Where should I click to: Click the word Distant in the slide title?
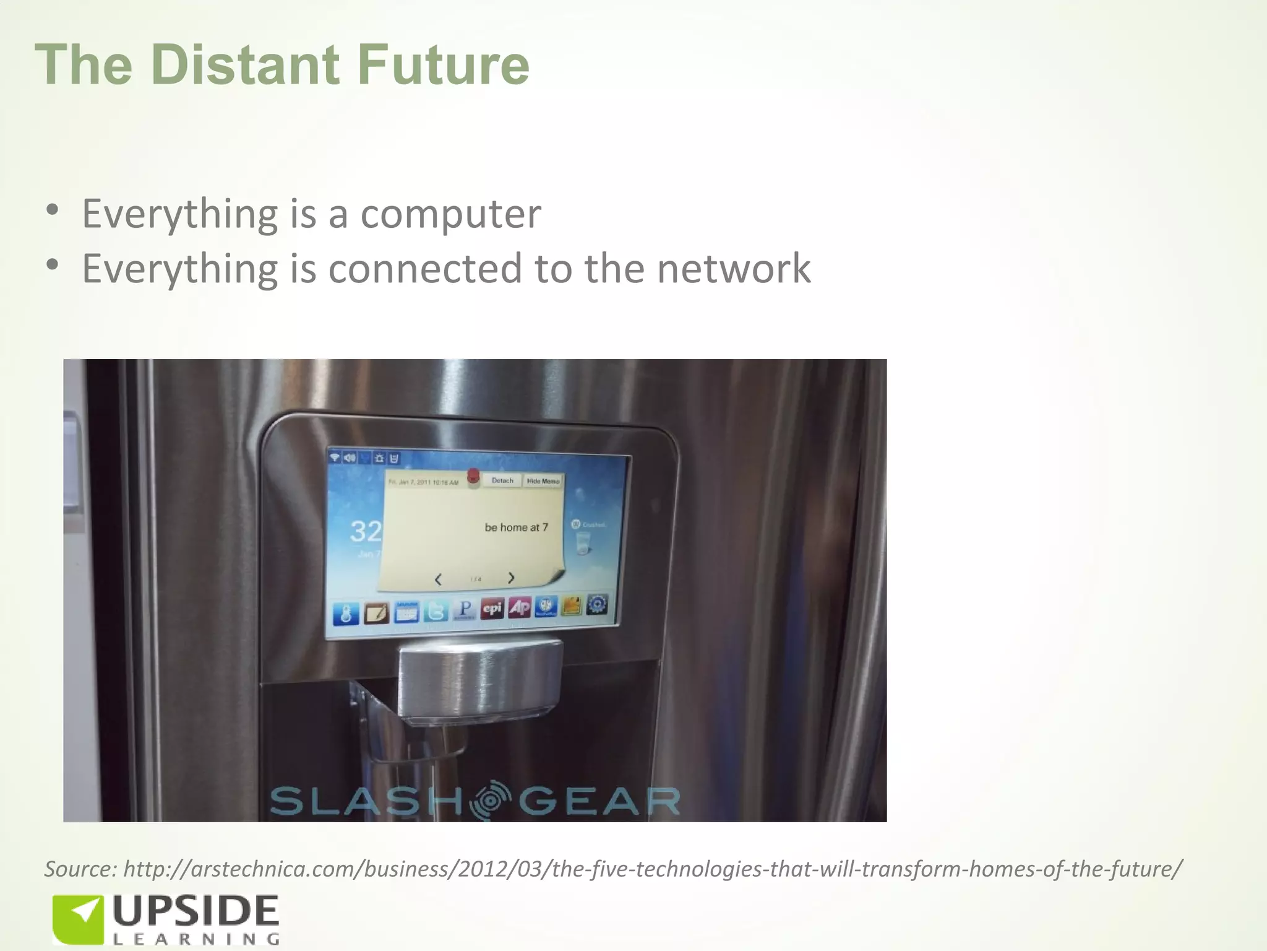click(x=244, y=65)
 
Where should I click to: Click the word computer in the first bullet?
click(x=450, y=214)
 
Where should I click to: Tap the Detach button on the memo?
click(x=502, y=480)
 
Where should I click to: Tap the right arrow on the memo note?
click(x=511, y=578)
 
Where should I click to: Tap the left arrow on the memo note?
click(x=438, y=580)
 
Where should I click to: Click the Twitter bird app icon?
click(x=436, y=611)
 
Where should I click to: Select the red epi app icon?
click(x=492, y=609)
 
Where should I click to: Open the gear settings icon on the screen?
click(x=597, y=604)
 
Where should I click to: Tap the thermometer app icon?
click(x=345, y=614)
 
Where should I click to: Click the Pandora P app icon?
click(x=465, y=610)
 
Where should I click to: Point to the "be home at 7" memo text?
click(x=516, y=528)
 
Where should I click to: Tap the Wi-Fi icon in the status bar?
click(x=335, y=457)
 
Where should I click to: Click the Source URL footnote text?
click(x=612, y=869)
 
